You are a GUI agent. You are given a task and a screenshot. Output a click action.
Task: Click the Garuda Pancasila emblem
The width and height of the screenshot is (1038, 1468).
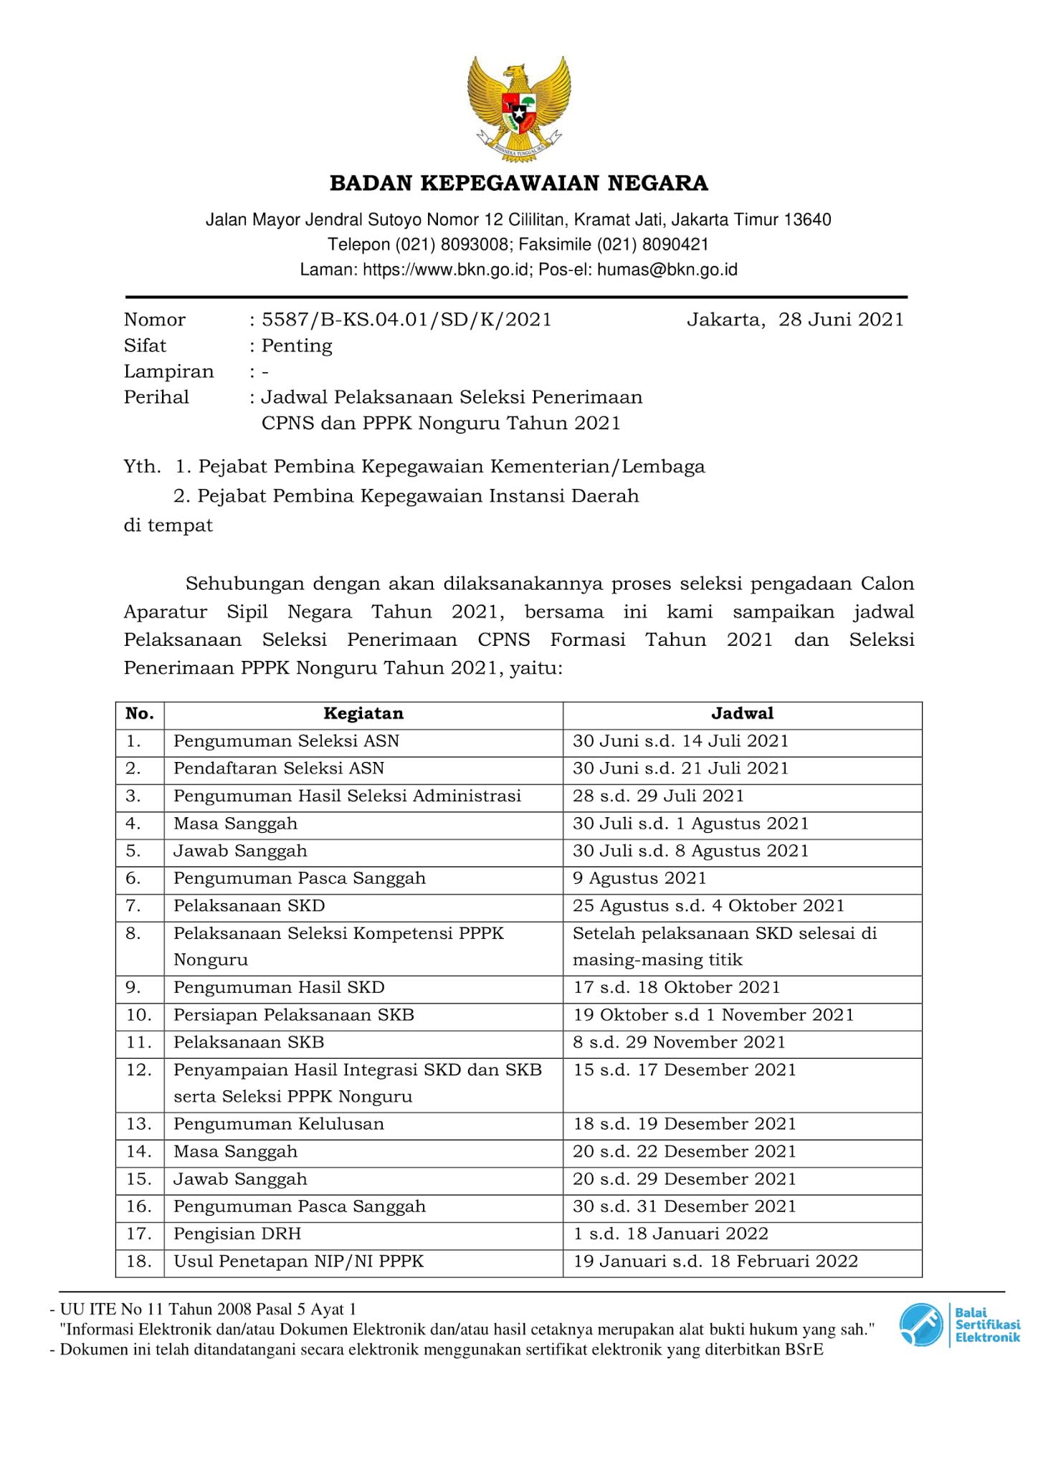coord(519,107)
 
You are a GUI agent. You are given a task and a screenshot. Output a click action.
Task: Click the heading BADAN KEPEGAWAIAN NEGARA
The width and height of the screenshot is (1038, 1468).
coord(519,183)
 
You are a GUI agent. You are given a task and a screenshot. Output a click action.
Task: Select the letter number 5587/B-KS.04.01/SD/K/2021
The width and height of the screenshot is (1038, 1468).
coord(406,320)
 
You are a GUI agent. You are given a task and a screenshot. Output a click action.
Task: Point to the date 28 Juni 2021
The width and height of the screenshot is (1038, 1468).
coord(841,320)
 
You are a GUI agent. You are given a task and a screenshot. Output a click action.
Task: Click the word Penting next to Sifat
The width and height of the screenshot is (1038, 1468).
coord(297,346)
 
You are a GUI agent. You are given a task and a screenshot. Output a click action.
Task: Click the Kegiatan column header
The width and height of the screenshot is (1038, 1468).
coord(363,714)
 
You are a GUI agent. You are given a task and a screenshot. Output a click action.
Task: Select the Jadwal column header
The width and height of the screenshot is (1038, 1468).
coord(742,714)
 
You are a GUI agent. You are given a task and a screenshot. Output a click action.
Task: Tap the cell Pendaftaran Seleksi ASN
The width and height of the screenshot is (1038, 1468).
coord(279,768)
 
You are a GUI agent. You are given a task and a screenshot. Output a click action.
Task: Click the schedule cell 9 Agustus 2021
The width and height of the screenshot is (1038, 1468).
coord(639,879)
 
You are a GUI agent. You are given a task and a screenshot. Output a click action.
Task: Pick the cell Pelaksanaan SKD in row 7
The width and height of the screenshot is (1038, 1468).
coord(249,906)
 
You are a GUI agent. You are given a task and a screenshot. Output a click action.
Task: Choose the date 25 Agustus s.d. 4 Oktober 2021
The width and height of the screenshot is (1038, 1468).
coord(708,906)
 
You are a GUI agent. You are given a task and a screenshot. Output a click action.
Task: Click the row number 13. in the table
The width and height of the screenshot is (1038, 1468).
coord(139,1124)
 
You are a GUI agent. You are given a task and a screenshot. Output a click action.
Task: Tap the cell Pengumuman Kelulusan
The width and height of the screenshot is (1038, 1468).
coord(279,1124)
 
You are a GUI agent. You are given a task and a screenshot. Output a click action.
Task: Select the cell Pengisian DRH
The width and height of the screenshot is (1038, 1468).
coord(237,1234)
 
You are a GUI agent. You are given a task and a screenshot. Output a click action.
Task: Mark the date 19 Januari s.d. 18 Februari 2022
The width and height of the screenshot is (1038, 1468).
coord(715,1262)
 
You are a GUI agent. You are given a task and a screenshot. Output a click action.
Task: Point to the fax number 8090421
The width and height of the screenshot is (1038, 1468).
coord(675,245)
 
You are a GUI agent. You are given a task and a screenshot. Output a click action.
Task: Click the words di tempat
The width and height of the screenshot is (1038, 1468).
coord(168,525)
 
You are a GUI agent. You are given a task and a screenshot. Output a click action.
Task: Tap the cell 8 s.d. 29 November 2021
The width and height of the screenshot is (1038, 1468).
coord(679,1042)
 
